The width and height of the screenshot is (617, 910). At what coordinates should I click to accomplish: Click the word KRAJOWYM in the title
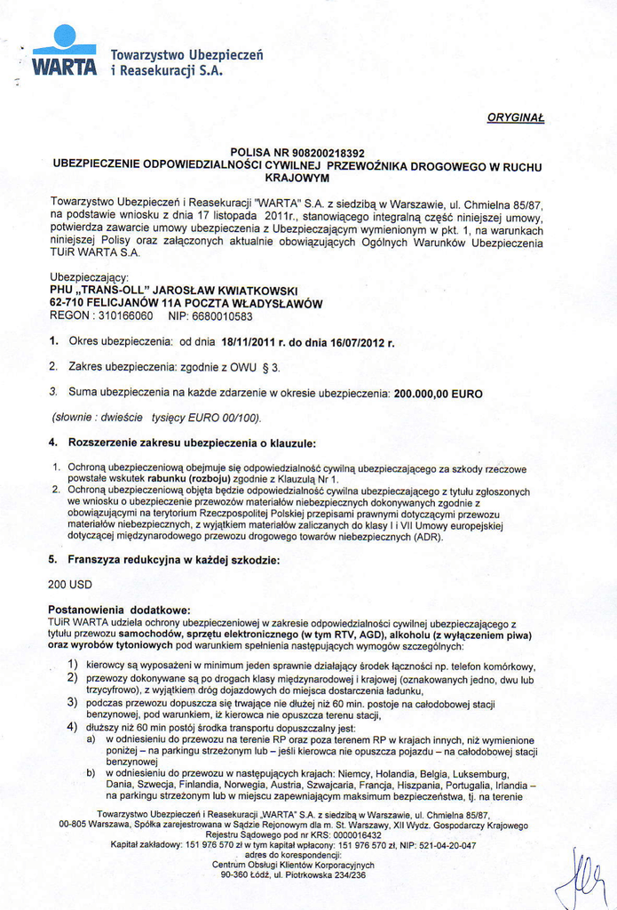click(297, 178)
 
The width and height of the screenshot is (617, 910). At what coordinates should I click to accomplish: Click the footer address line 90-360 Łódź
click(293, 874)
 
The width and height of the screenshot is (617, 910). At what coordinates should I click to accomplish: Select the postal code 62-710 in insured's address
click(68, 303)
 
